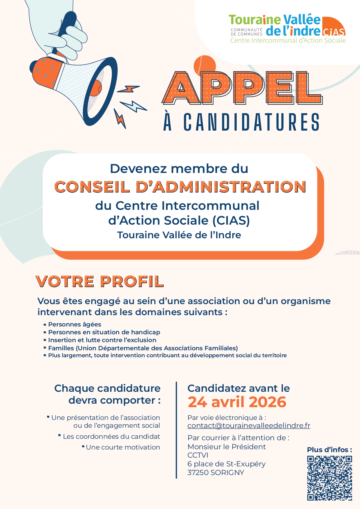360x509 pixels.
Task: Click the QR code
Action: tap(330, 478)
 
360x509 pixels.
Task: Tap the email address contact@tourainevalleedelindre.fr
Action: tap(249, 426)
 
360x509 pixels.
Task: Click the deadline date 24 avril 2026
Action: tap(237, 402)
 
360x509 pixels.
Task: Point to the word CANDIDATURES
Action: tap(252, 122)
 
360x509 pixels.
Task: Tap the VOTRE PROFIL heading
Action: tap(100, 281)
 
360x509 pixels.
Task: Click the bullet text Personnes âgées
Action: tap(75, 324)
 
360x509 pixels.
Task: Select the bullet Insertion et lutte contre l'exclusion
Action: tap(102, 340)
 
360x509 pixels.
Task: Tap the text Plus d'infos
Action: tap(329, 450)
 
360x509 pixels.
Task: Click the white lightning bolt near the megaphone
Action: tap(133, 107)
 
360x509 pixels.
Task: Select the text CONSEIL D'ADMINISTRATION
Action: tap(180, 187)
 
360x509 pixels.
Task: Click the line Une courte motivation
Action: tap(123, 447)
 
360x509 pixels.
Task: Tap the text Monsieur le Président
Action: tap(227, 447)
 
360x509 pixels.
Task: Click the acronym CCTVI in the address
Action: tap(198, 455)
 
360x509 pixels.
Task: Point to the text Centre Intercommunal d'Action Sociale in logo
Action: tap(288, 41)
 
